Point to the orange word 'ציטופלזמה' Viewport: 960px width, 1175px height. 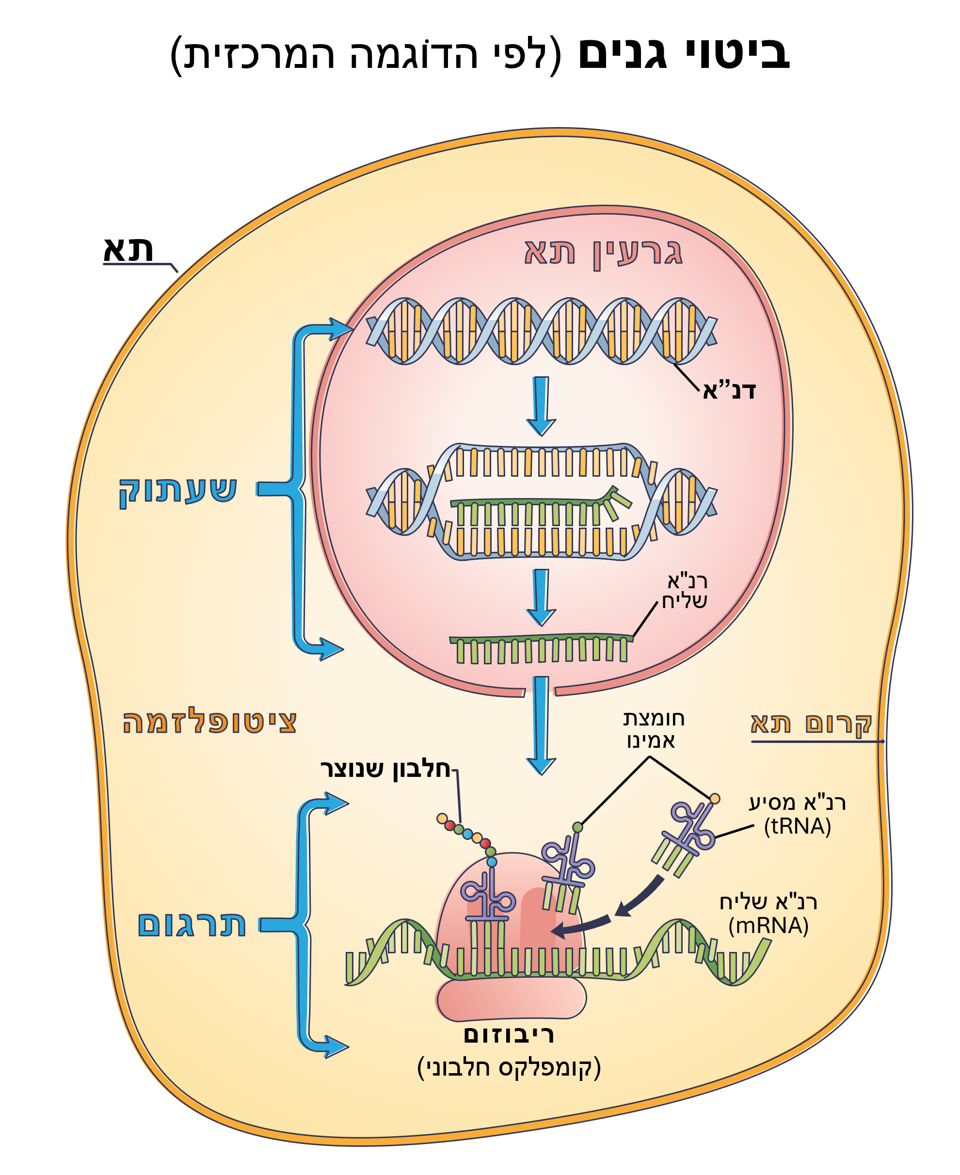point(209,723)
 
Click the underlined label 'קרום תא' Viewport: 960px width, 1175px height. point(811,723)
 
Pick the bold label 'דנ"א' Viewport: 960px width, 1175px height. point(729,390)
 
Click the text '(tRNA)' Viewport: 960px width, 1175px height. point(798,826)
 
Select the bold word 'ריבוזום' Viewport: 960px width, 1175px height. point(509,1034)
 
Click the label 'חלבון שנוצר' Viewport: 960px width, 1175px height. point(385,769)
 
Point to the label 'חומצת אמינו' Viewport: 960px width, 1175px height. point(653,729)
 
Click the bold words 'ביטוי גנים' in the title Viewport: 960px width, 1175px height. point(684,54)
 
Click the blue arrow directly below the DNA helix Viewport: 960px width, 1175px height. point(541,405)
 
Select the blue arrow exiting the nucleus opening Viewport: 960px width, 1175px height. point(541,724)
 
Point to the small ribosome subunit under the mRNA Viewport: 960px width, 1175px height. point(511,998)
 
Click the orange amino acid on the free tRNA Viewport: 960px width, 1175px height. point(715,798)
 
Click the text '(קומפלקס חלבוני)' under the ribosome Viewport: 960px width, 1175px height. point(509,1068)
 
